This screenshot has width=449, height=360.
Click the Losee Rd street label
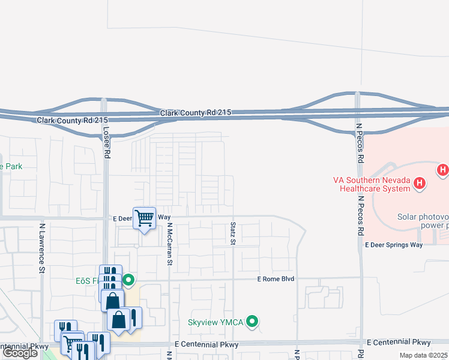(x=107, y=145)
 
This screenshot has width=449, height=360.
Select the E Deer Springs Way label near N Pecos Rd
(x=394, y=245)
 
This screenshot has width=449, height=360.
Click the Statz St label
(x=233, y=233)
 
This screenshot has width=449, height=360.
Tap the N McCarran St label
(x=170, y=244)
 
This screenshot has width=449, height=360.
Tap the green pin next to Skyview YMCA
(x=253, y=322)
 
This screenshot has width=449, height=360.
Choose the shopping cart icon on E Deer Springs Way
(x=145, y=218)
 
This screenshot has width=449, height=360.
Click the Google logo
(x=20, y=352)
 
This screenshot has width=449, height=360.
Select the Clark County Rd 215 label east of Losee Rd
(x=196, y=113)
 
